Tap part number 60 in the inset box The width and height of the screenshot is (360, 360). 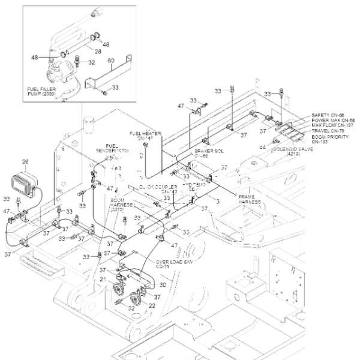tap(110, 61)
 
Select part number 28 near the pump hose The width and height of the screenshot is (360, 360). tap(97, 52)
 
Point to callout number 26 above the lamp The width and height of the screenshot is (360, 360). tap(25, 161)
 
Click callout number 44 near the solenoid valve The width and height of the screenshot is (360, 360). tap(262, 146)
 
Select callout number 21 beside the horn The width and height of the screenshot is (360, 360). tap(103, 280)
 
